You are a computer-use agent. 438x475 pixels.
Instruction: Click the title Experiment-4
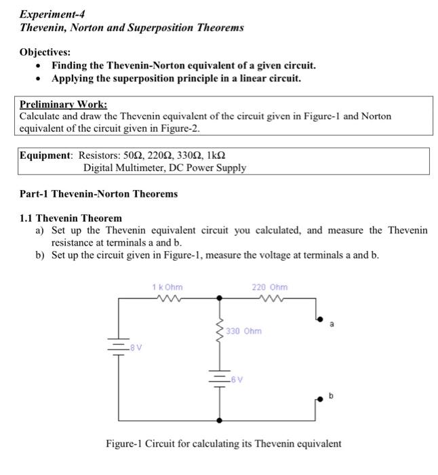(52, 14)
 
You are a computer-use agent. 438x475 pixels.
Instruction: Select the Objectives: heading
(45, 52)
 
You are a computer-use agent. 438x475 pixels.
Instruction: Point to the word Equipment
(45, 155)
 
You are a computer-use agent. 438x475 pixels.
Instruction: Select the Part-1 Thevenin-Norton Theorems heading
(99, 193)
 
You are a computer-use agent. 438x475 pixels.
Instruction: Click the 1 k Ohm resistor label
(167, 287)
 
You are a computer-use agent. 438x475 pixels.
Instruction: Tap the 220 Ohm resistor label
(269, 287)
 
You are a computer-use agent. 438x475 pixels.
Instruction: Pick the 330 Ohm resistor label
(243, 331)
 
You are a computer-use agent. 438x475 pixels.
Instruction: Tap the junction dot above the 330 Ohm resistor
(220, 297)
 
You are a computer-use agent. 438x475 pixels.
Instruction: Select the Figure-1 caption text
(224, 444)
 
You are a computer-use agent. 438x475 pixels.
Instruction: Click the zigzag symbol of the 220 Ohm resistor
(269, 297)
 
